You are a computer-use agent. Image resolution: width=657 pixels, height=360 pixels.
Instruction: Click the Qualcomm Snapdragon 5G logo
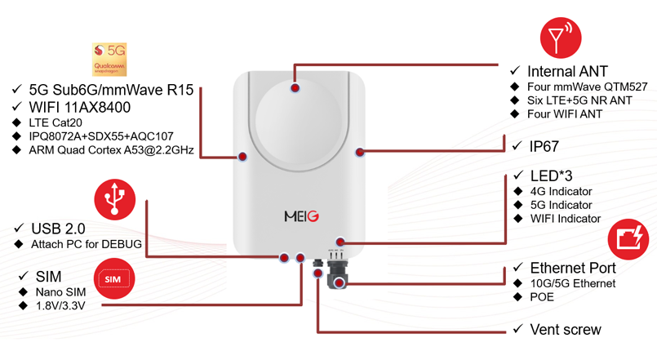coord(109,60)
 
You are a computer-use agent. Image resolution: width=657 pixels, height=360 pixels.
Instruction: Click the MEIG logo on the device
coord(301,216)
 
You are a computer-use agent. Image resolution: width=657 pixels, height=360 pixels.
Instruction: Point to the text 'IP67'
coord(543,146)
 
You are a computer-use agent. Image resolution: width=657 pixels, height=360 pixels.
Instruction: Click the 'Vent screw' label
coord(564,330)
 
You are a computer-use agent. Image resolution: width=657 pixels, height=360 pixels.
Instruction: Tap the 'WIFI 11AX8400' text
coord(79,107)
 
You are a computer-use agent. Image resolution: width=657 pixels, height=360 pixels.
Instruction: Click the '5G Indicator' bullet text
coord(561,205)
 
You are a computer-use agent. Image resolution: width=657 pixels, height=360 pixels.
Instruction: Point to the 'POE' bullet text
coord(542,297)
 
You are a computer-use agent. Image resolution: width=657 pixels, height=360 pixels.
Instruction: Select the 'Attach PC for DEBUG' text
coord(87,244)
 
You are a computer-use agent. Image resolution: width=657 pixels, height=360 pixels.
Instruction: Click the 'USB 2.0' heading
coord(57,229)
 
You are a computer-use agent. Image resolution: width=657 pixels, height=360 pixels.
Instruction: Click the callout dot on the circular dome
coord(294,86)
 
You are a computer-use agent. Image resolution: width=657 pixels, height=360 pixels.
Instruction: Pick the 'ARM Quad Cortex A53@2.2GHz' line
coord(111,150)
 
